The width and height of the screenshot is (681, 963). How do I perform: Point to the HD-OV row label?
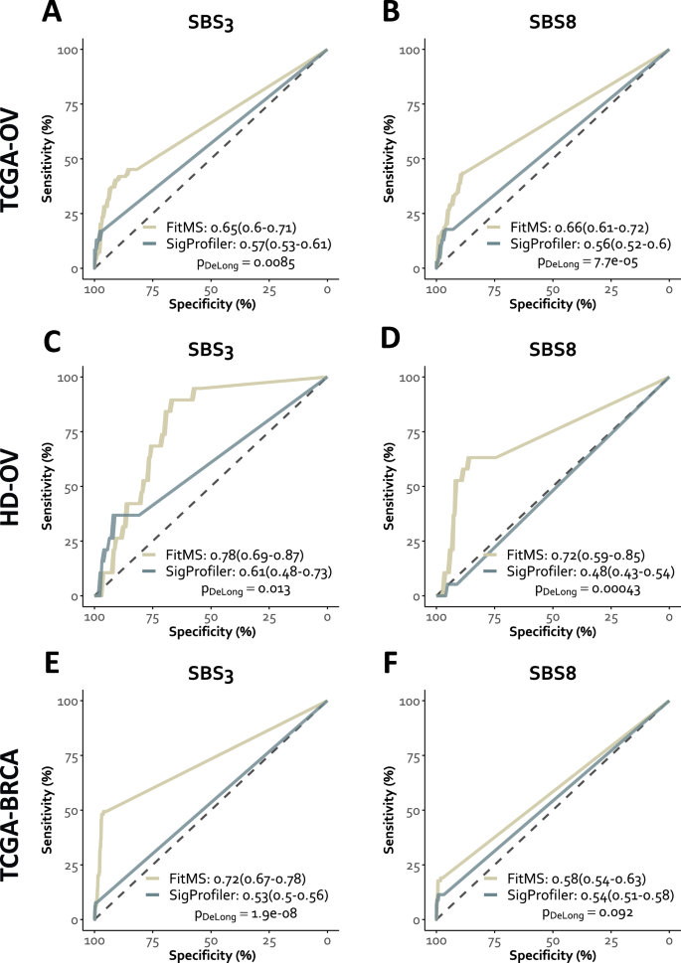tap(17, 487)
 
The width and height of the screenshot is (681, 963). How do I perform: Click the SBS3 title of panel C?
tap(210, 346)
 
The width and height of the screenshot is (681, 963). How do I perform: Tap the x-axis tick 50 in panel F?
tap(553, 939)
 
